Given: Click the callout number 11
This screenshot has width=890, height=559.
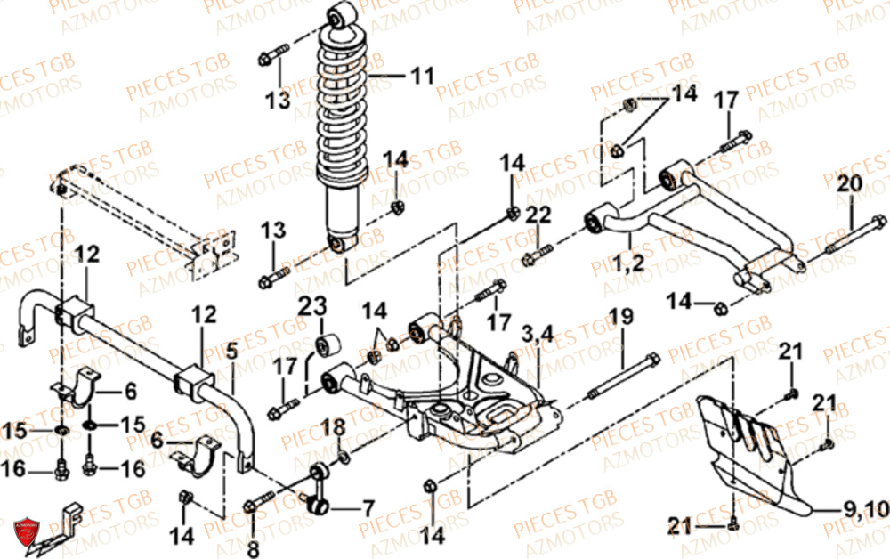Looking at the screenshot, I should [422, 76].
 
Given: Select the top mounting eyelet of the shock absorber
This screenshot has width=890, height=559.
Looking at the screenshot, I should [341, 15].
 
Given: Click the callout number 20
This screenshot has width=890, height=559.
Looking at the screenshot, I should [849, 185].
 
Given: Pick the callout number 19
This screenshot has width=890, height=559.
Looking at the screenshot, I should [620, 316].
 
